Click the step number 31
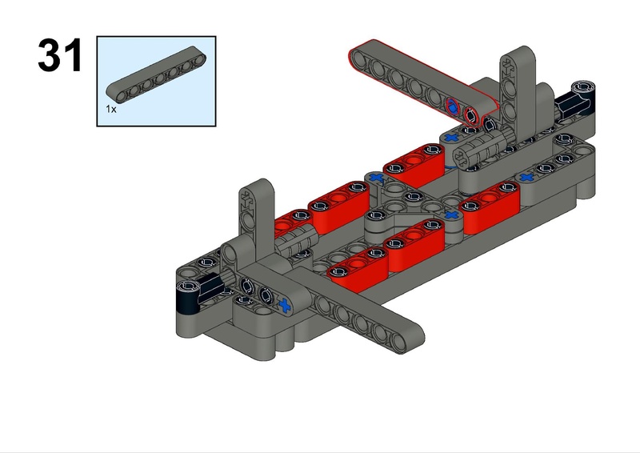(x=60, y=55)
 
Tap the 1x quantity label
(x=111, y=109)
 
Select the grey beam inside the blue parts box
(x=156, y=74)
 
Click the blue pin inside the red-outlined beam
(x=452, y=107)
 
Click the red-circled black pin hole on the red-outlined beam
(x=471, y=117)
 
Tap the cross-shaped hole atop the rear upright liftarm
(x=507, y=65)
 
